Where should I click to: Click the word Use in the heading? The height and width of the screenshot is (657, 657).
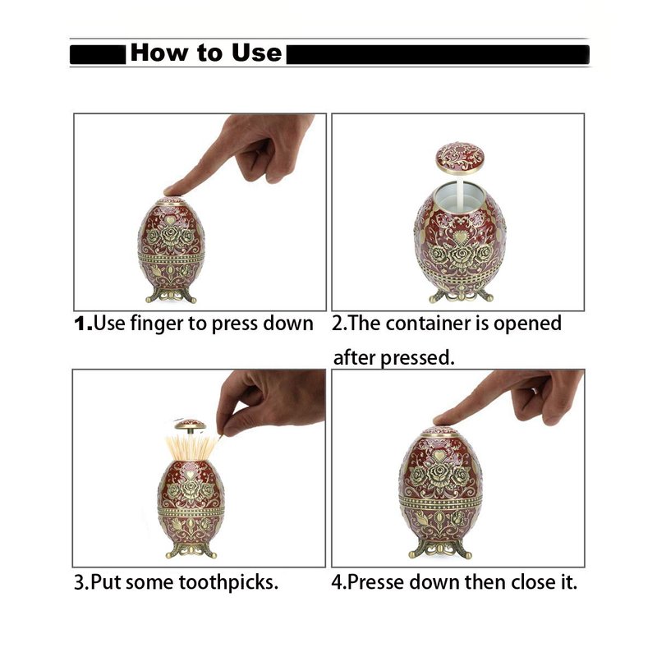[256, 53]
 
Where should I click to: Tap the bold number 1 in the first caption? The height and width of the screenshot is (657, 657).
[80, 324]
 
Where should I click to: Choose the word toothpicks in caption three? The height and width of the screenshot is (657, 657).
[228, 583]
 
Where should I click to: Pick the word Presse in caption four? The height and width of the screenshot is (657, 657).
[375, 582]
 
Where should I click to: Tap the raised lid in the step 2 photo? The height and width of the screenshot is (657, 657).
[460, 158]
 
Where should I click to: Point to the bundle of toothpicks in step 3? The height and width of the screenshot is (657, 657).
[192, 448]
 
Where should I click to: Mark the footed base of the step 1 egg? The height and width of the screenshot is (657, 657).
[171, 294]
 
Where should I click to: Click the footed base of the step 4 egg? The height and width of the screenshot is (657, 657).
[440, 549]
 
